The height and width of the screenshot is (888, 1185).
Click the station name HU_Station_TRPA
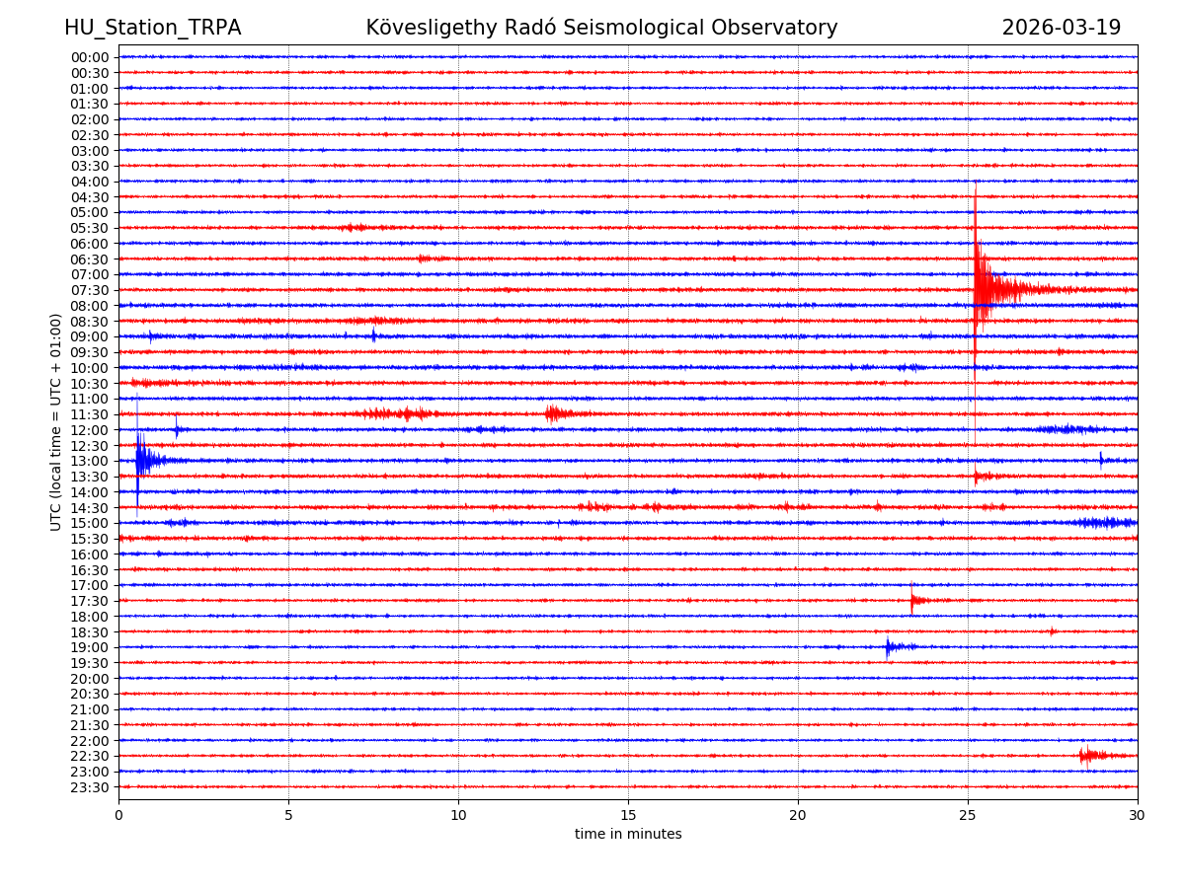click(x=152, y=29)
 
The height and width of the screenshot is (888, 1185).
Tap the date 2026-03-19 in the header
click(x=1061, y=29)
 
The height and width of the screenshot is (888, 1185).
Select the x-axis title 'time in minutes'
click(x=628, y=835)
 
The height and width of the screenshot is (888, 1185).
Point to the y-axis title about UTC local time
click(x=56, y=422)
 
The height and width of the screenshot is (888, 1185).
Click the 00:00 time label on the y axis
click(x=89, y=57)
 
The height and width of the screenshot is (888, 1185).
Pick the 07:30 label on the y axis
click(x=89, y=290)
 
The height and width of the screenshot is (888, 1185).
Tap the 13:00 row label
click(x=89, y=461)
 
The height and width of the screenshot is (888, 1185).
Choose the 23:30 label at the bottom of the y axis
click(x=89, y=787)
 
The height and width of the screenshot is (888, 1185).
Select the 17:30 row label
click(x=89, y=601)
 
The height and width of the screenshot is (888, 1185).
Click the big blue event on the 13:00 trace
click(x=144, y=460)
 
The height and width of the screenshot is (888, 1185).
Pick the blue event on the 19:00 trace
click(x=892, y=647)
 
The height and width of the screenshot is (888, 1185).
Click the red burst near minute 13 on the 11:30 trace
click(x=556, y=413)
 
